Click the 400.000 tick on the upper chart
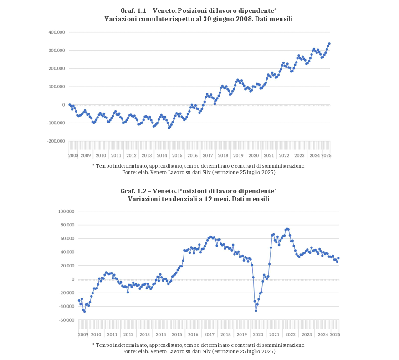(57, 32)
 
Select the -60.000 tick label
(66, 320)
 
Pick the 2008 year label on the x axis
(73, 156)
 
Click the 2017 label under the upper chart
(208, 156)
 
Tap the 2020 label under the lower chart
(258, 335)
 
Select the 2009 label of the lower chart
(83, 335)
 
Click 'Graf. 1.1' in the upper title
(133, 11)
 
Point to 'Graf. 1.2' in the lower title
(133, 191)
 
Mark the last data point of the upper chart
(329, 43)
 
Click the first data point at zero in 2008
(69, 104)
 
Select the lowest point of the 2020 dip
(256, 310)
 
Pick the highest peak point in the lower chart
(287, 229)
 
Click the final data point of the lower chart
(338, 258)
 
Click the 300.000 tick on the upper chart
(57, 50)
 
